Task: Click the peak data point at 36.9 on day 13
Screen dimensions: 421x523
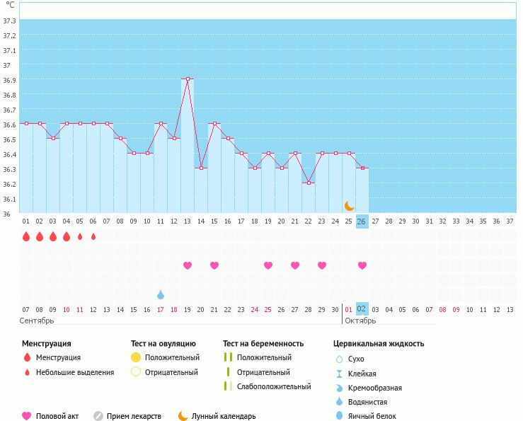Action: pos(188,79)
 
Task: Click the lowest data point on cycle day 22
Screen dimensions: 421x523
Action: pos(308,183)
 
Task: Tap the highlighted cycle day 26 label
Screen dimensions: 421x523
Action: pos(362,221)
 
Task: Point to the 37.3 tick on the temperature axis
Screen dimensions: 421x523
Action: pos(10,21)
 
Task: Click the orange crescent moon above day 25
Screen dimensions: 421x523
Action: pos(349,205)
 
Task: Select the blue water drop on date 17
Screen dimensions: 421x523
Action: pos(161,294)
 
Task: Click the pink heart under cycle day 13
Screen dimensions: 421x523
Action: pos(188,265)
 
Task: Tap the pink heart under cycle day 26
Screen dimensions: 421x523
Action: pos(362,265)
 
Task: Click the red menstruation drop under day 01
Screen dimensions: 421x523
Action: pos(26,236)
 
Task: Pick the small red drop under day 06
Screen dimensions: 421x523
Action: pos(93,236)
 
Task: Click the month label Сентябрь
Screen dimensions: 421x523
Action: pos(37,321)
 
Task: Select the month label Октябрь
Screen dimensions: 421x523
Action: pos(360,321)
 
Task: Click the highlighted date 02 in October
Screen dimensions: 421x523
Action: pos(361,309)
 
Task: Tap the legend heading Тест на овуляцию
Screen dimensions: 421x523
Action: pos(163,343)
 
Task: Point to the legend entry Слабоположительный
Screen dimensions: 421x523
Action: pos(274,386)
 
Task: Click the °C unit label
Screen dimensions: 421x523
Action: pos(10,5)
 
